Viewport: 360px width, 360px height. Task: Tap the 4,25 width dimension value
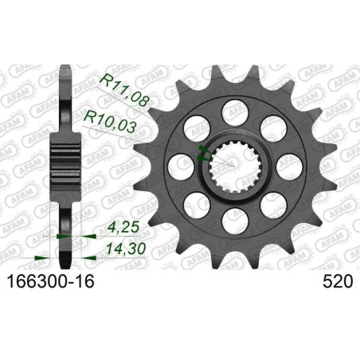104,236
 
